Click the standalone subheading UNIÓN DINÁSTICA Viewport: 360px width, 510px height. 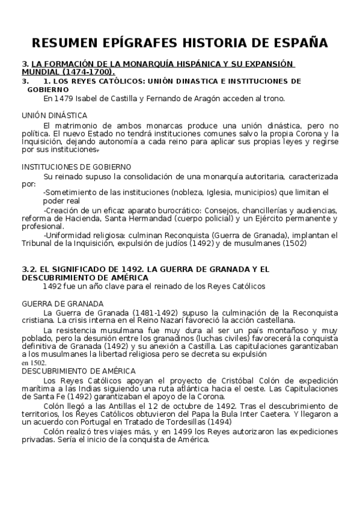[54, 115]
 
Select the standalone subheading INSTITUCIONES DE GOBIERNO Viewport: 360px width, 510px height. [77, 167]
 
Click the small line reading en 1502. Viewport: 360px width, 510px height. [34, 363]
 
